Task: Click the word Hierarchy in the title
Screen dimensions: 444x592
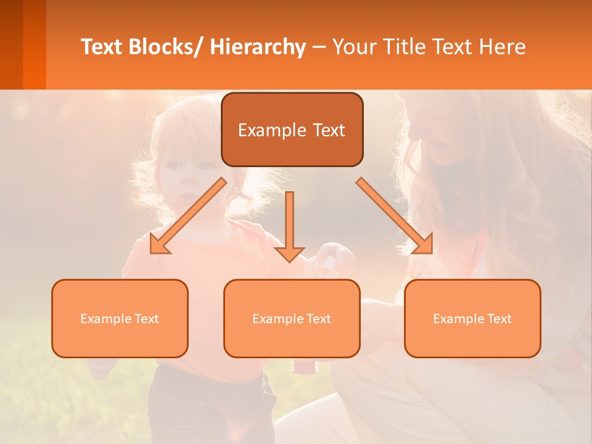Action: pos(258,47)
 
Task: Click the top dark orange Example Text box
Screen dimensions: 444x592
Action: pos(292,129)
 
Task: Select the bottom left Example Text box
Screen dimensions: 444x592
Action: pos(120,318)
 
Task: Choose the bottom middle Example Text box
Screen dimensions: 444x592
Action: pos(292,318)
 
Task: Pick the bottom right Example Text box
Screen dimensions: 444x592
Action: pos(472,318)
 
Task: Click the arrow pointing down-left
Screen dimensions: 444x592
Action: pos(188,216)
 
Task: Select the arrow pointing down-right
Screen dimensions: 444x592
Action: pos(395,216)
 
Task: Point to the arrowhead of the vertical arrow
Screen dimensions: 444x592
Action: pos(289,254)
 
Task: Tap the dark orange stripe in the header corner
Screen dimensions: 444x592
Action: pos(34,44)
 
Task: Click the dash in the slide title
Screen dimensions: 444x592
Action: pos(319,47)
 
